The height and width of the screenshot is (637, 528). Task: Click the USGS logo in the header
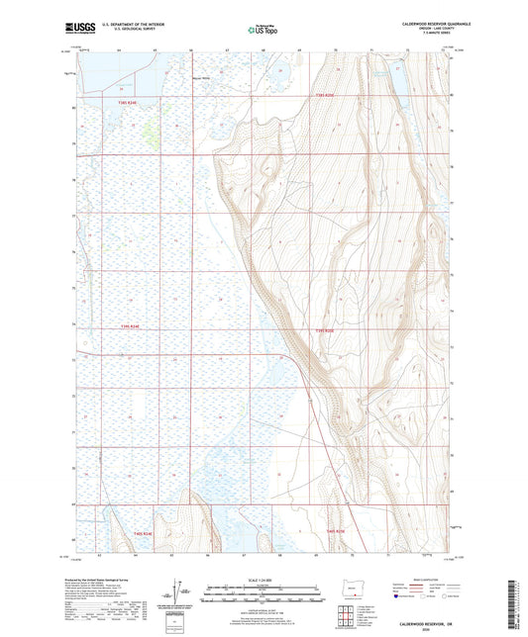tap(73, 30)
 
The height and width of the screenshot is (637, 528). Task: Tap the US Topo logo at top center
tap(264, 30)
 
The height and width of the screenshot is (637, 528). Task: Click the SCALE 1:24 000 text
tap(264, 579)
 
